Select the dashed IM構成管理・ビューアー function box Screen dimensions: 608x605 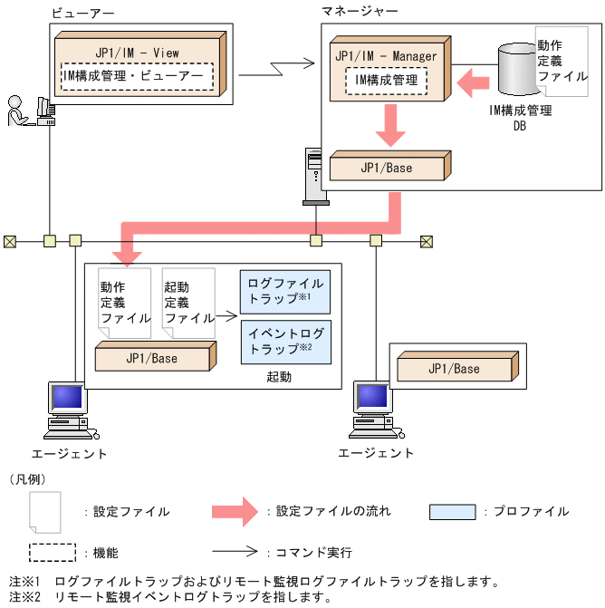(x=137, y=76)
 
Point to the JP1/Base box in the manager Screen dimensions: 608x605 (x=387, y=169)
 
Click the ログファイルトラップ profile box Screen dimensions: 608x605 (x=285, y=291)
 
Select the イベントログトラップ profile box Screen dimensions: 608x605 (x=285, y=342)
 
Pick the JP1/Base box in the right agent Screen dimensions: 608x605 (x=454, y=369)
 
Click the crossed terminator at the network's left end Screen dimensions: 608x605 (x=10, y=241)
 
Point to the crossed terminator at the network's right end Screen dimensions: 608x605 (x=426, y=241)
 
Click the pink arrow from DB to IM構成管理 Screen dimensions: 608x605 (x=471, y=86)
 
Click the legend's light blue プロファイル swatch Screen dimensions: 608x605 (x=453, y=512)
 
